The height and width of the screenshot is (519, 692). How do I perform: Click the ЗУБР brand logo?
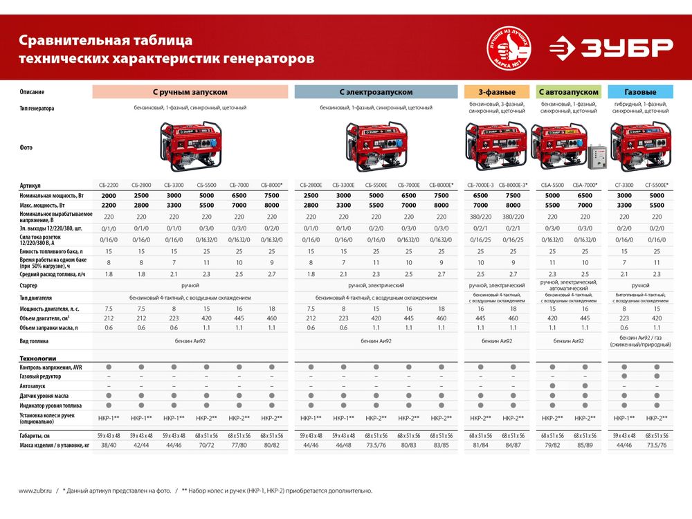(x=611, y=48)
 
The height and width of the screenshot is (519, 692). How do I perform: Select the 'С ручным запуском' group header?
(x=190, y=92)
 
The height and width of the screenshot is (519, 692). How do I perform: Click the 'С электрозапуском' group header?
(x=376, y=92)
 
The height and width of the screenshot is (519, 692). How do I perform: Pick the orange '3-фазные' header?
(x=497, y=92)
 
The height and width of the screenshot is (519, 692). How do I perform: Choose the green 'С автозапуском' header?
(x=568, y=92)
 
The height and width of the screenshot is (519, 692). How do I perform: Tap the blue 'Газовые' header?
(x=640, y=92)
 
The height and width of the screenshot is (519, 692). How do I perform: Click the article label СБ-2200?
(x=108, y=185)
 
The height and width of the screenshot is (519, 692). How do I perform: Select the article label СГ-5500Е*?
(x=656, y=185)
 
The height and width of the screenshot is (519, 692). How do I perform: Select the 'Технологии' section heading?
(x=38, y=359)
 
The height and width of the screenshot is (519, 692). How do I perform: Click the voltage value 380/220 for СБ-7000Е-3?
(x=480, y=217)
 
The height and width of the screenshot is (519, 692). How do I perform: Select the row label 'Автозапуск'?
(x=34, y=385)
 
